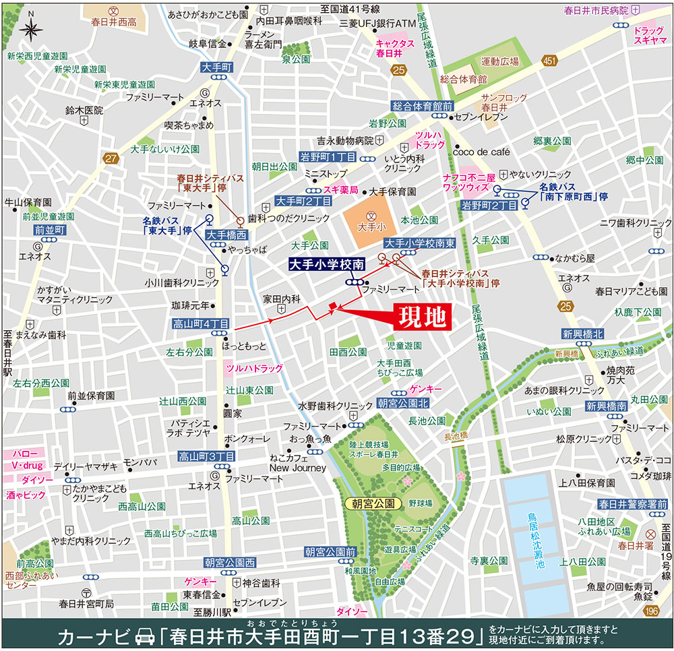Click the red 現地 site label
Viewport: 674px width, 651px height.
click(422, 317)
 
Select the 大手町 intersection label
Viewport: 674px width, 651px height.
click(216, 67)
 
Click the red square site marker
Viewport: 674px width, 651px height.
click(332, 308)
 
